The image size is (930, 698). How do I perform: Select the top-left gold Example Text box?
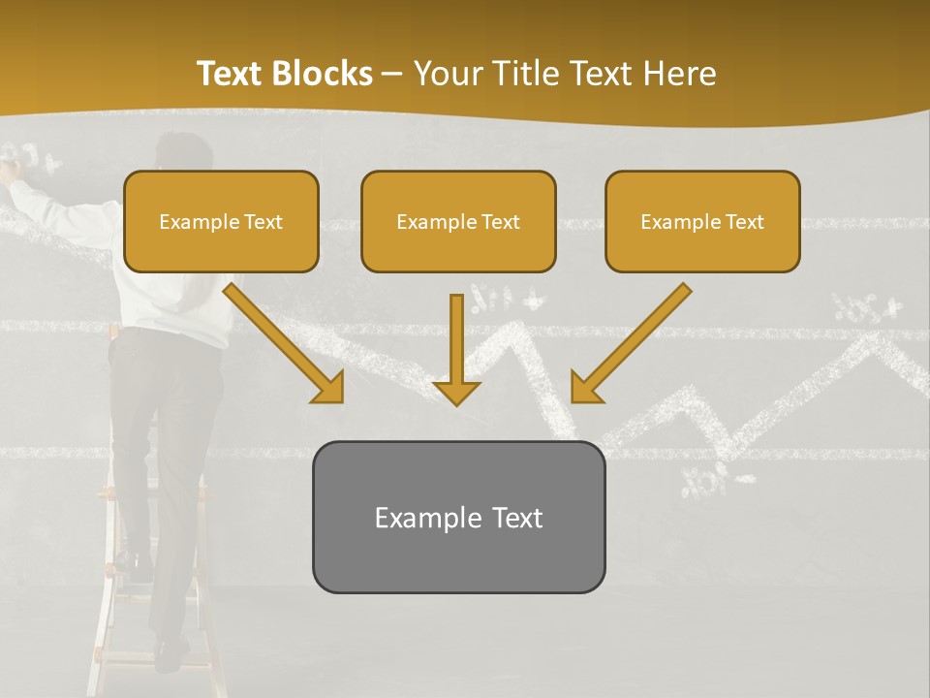[x=221, y=221]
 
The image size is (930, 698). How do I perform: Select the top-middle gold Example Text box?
[x=458, y=221]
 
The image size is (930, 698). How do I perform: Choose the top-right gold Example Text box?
[x=702, y=221]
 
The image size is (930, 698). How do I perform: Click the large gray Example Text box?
[x=458, y=517]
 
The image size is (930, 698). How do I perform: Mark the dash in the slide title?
[x=392, y=74]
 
